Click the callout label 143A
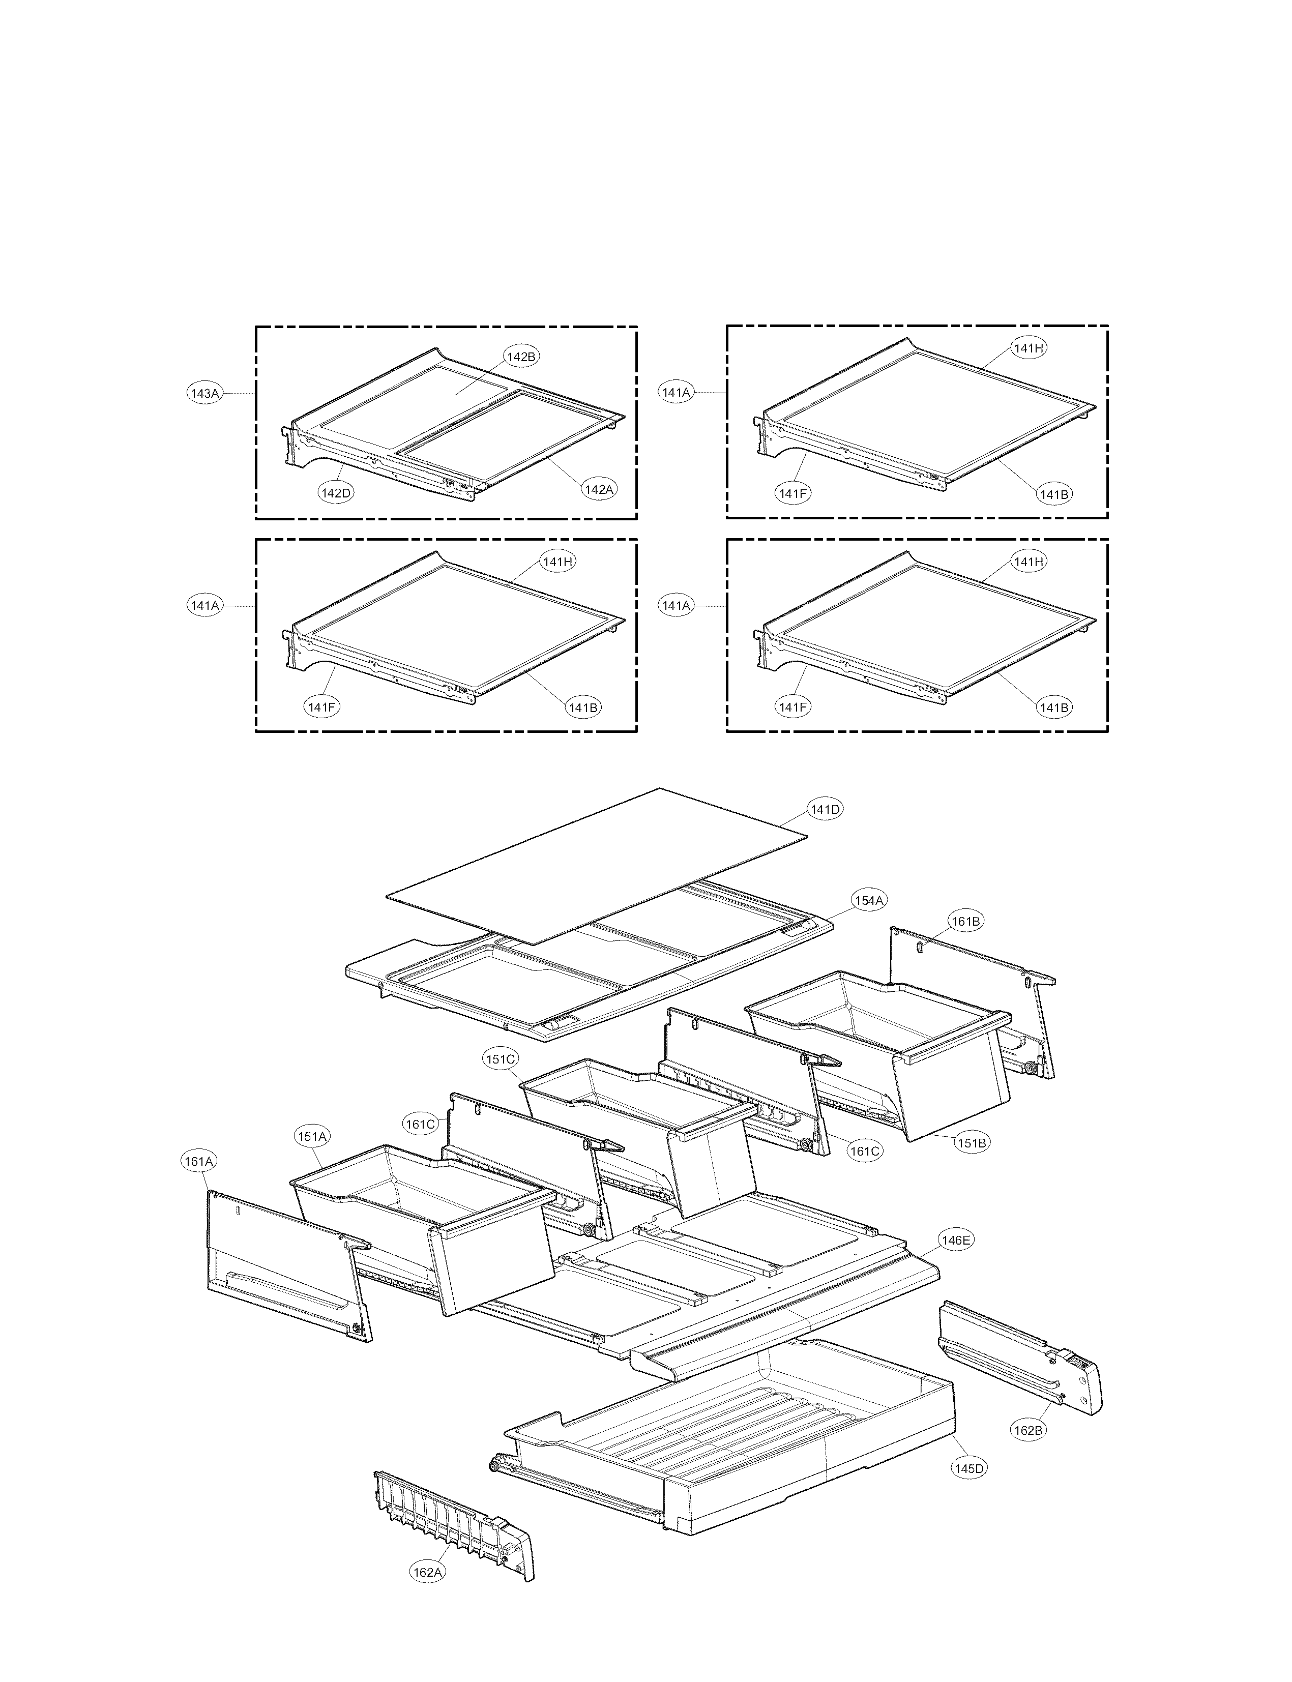[x=204, y=394]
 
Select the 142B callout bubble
[x=521, y=357]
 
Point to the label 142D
[x=336, y=493]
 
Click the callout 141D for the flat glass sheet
[x=825, y=809]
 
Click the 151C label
[x=500, y=1059]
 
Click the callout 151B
[x=972, y=1164]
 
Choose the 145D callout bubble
[x=969, y=1468]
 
